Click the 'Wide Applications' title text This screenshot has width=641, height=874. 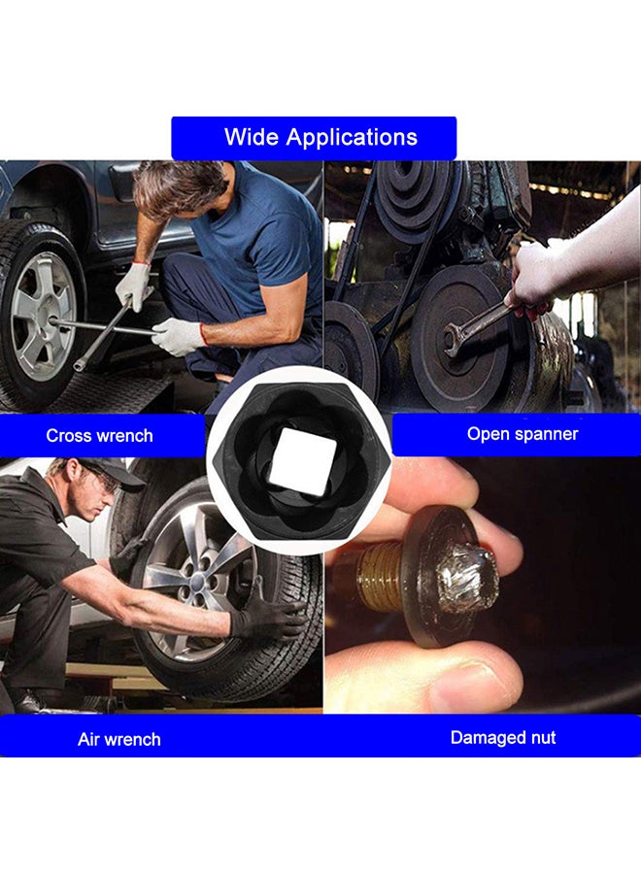coord(320,137)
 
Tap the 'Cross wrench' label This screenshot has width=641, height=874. coord(99,435)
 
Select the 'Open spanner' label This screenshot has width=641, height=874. coord(523,434)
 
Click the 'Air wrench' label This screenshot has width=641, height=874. coord(119,739)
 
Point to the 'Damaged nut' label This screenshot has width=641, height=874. coord(503,737)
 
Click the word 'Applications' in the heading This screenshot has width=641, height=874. coord(352,138)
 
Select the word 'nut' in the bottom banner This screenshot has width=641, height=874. coord(543,738)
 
